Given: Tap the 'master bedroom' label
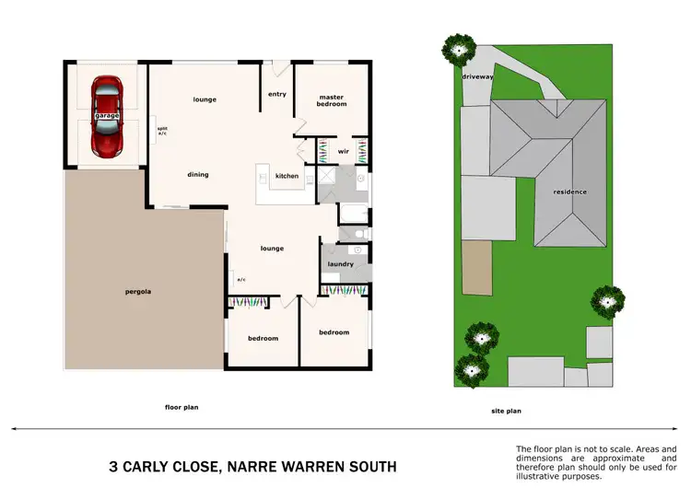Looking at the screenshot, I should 332,100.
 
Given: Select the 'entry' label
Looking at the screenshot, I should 276,94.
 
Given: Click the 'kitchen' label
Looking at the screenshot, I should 287,175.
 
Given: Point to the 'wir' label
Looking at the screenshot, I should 342,151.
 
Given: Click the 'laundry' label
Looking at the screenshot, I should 340,264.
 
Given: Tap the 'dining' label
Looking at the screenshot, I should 197,175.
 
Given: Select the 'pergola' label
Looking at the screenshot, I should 138,292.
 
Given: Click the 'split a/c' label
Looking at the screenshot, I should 162,131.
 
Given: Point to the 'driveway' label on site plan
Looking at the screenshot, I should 477,77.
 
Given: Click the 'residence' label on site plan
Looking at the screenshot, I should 569,192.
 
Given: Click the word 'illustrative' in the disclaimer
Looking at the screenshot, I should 546,477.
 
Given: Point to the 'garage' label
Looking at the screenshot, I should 106,117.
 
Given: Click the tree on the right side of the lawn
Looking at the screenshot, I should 606,298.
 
